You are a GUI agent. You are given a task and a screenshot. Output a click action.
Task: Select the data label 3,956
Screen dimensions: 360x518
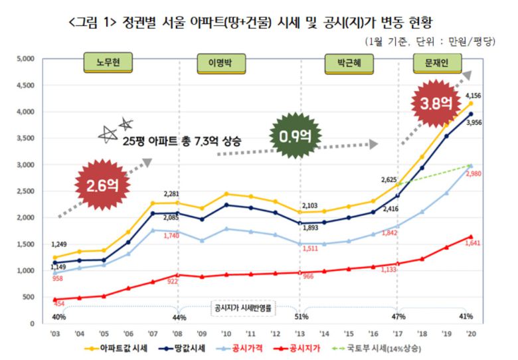coord(474,123)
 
